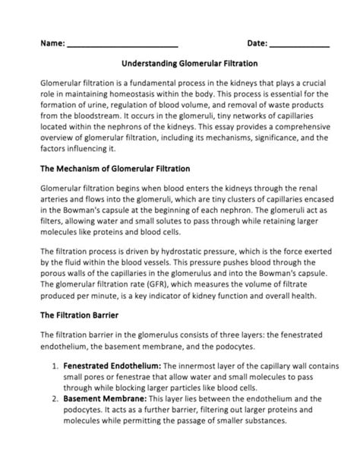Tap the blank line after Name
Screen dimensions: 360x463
122,47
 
